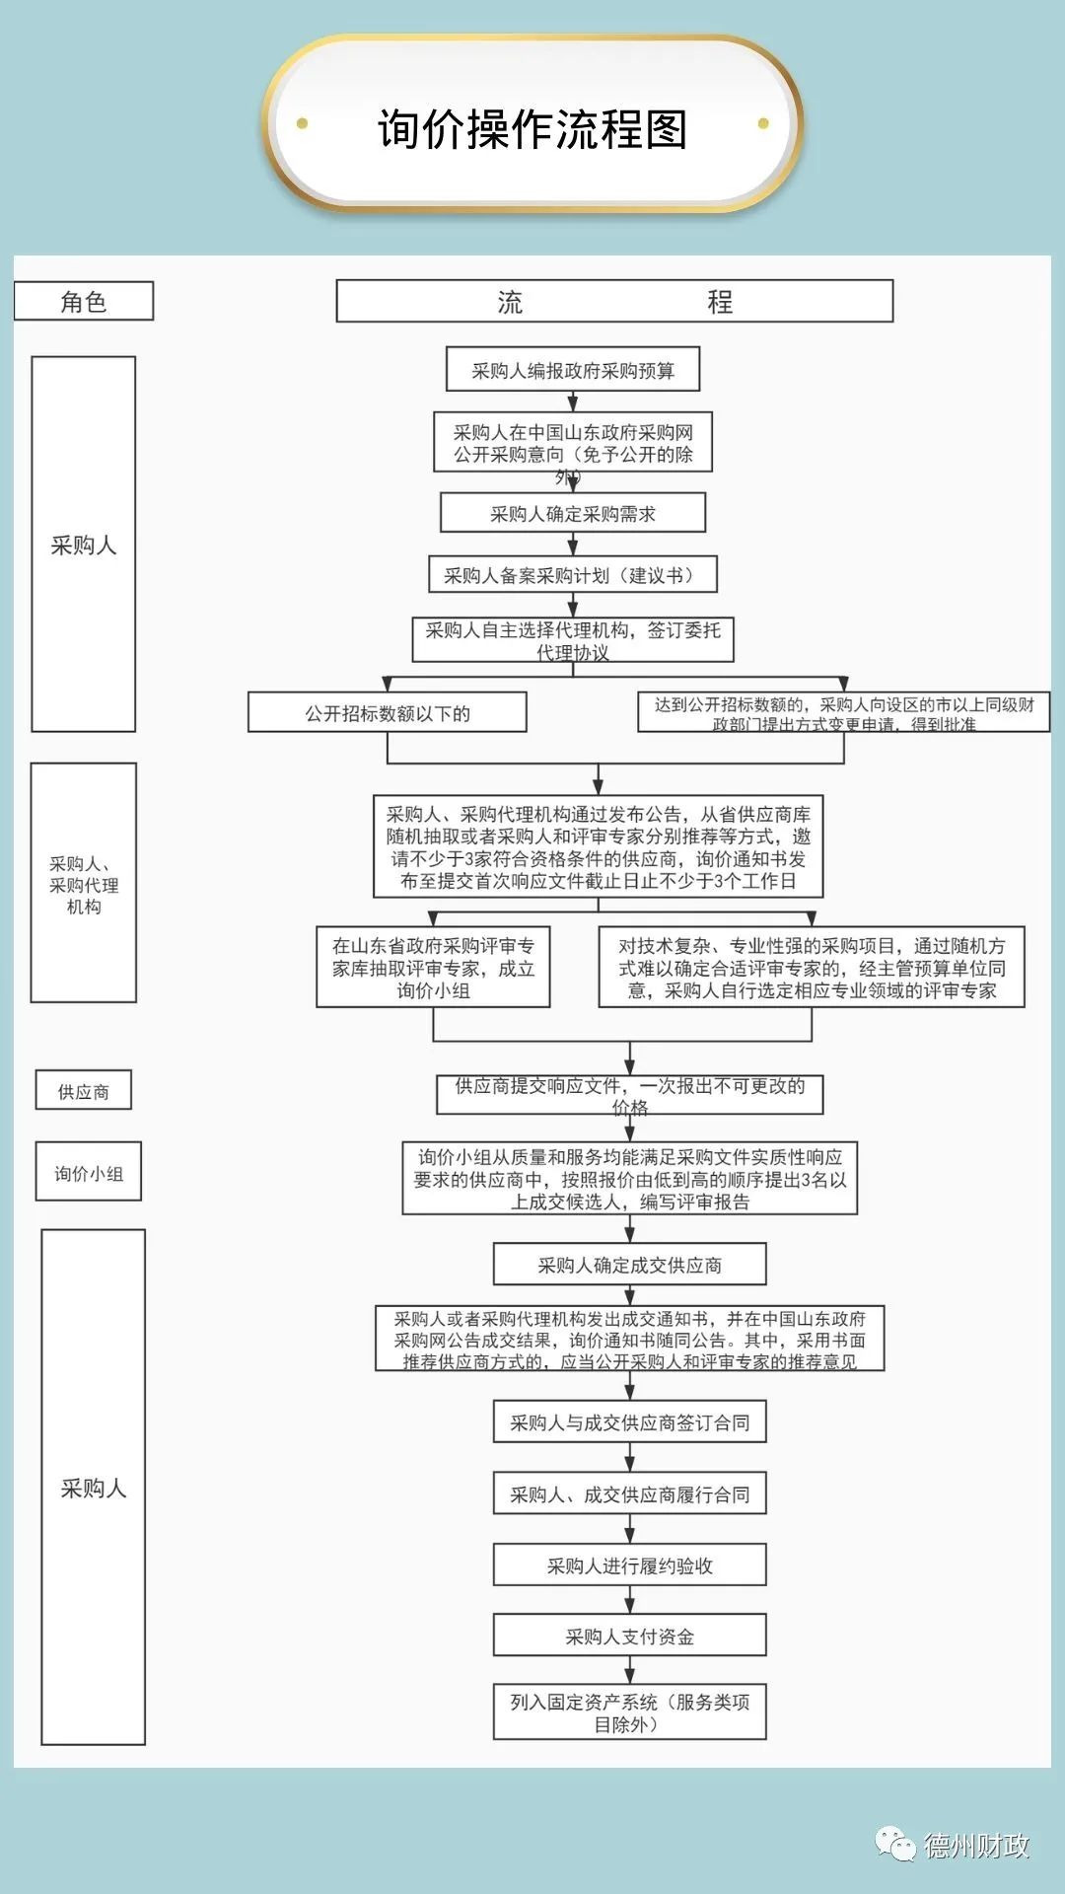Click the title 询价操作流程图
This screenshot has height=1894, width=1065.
[x=532, y=129]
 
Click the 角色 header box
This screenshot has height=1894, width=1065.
[x=84, y=302]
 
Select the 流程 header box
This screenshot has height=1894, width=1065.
[x=614, y=302]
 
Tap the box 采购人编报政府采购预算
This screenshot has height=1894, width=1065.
[x=573, y=371]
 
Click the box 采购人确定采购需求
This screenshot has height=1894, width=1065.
[x=573, y=514]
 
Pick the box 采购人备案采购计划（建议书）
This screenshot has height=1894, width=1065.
[x=573, y=575]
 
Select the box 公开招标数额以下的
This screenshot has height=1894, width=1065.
[x=388, y=713]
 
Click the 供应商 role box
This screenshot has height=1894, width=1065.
[x=84, y=1091]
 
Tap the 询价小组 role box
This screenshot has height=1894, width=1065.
[x=89, y=1173]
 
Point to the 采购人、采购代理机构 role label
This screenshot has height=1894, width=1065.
[x=84, y=884]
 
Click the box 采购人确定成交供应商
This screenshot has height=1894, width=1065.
[x=629, y=1265]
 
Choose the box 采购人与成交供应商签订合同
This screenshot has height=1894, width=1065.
[x=629, y=1422]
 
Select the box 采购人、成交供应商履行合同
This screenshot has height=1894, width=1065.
[x=629, y=1494]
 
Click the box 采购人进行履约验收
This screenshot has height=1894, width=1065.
[x=629, y=1566]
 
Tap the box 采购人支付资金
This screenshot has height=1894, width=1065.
[x=629, y=1637]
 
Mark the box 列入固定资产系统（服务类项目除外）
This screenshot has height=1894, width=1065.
[x=629, y=1712]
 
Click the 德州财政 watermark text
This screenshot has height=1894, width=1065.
[x=976, y=1846]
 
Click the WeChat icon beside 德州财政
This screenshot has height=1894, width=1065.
[x=896, y=1844]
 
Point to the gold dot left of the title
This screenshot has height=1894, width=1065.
[x=303, y=123]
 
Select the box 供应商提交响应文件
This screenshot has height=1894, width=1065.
[x=629, y=1094]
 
